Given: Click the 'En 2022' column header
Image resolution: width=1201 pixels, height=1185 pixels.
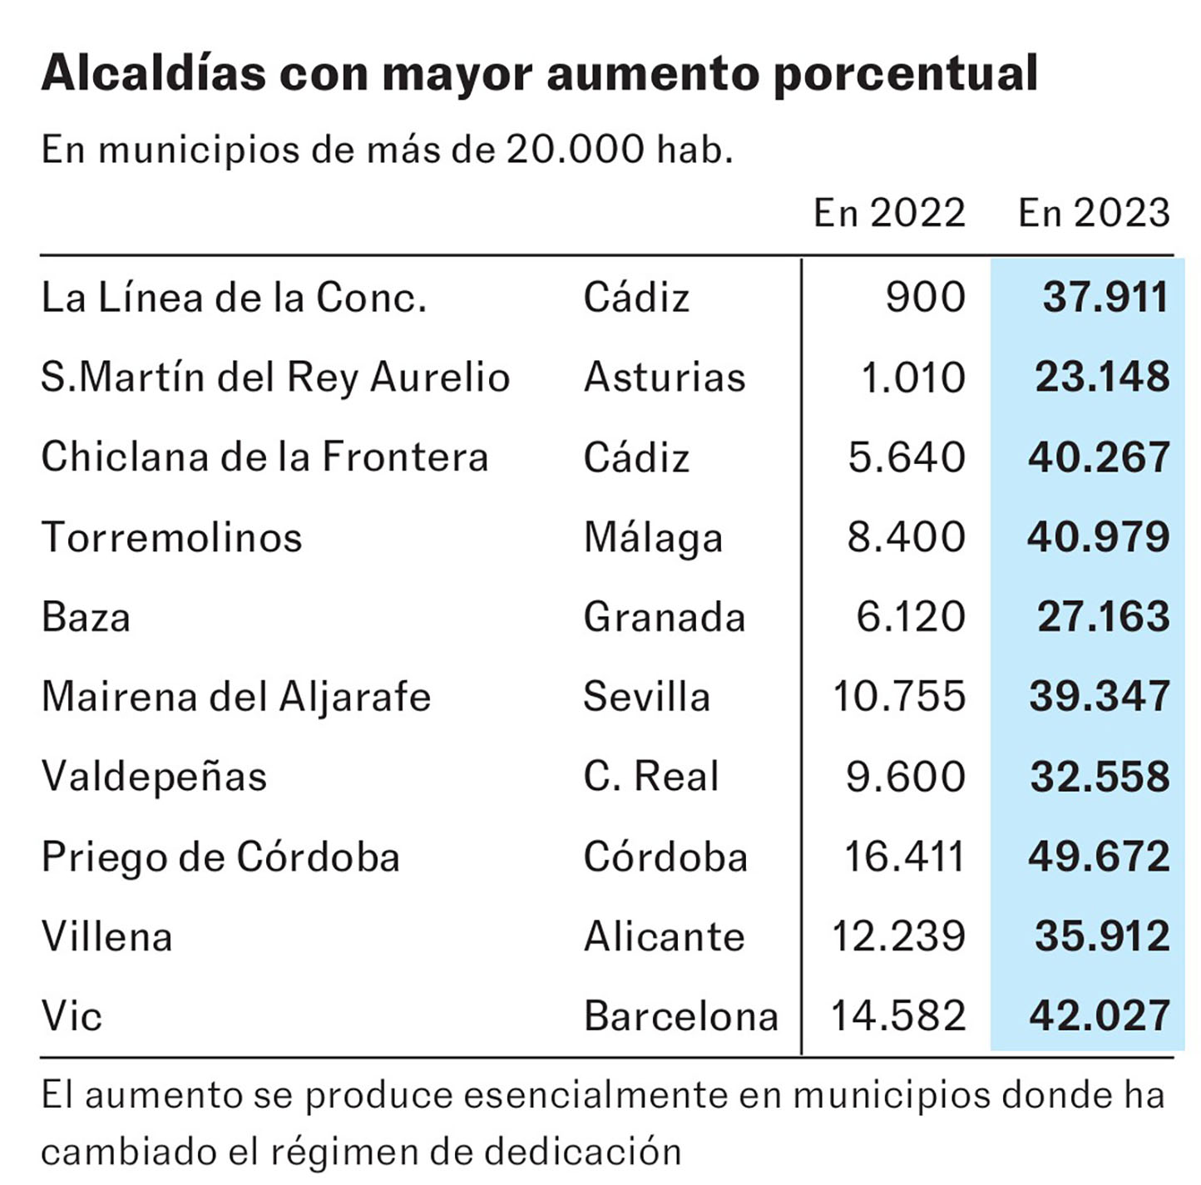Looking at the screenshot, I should pos(889,213).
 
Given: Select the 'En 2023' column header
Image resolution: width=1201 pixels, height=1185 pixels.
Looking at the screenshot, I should pos(1094,213).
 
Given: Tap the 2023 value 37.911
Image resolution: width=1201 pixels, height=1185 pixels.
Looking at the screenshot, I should pos(1105,297).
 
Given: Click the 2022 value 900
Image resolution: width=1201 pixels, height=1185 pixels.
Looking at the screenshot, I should pos(925,297).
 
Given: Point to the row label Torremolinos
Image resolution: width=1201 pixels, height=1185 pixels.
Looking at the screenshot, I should pos(171,537).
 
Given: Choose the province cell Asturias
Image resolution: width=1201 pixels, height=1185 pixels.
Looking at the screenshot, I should pos(665,377).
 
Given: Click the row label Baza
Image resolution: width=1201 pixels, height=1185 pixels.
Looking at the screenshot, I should pos(86,617).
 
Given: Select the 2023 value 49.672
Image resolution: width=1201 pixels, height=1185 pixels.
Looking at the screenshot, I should pos(1099,857).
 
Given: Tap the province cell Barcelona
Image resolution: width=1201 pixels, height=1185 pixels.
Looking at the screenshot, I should pos(680,1016).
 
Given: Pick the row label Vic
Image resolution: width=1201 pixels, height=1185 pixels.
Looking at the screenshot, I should pos(72,1016).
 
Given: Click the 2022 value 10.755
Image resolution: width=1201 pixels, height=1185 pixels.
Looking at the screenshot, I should pos(899,697).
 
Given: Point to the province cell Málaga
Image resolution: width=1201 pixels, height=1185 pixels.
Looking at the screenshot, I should pos(653,537).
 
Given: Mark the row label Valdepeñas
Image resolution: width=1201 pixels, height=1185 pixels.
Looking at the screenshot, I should pos(154,777).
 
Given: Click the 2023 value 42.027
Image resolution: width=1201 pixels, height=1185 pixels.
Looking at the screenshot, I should pos(1100,1016).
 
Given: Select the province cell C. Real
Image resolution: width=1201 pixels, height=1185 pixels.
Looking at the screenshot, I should pos(650,777).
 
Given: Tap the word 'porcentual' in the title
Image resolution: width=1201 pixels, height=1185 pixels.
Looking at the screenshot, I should pos(905,73).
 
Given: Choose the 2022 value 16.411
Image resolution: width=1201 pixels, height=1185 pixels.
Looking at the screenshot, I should pos(904,857).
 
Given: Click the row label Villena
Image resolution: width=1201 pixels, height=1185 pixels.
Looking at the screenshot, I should pos(106,936).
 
